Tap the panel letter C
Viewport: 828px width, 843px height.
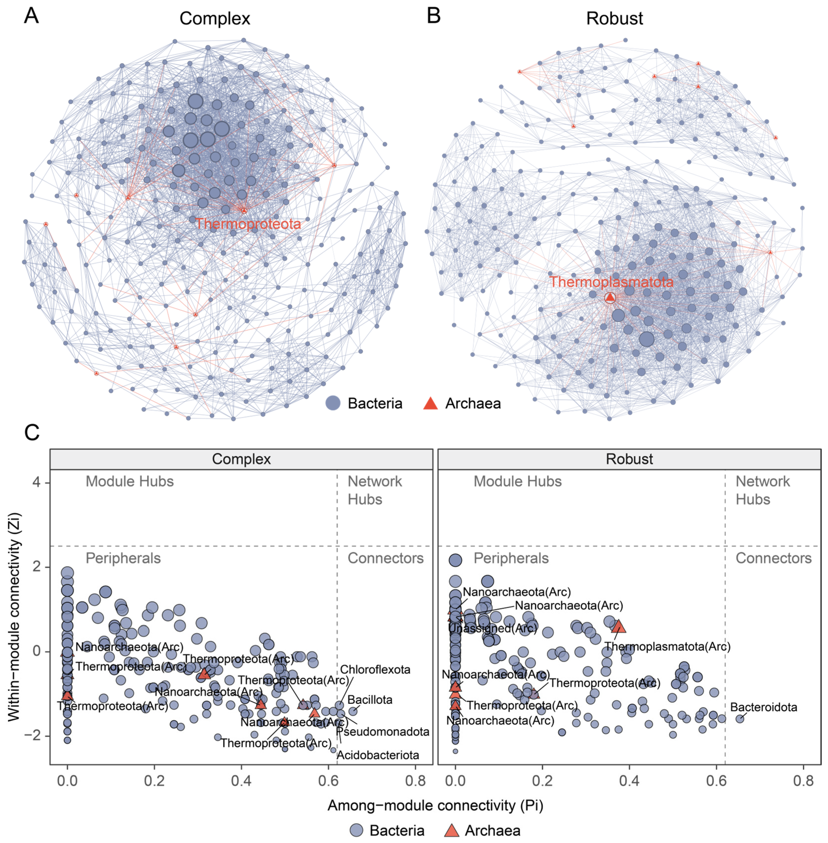click(32, 433)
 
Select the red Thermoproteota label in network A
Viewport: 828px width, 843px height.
click(248, 224)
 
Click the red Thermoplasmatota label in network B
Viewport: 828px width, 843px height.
click(611, 282)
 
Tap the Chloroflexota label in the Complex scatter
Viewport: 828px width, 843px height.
click(375, 670)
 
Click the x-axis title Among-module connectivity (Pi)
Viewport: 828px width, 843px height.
click(435, 805)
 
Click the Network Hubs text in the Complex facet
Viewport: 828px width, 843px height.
click(374, 490)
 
